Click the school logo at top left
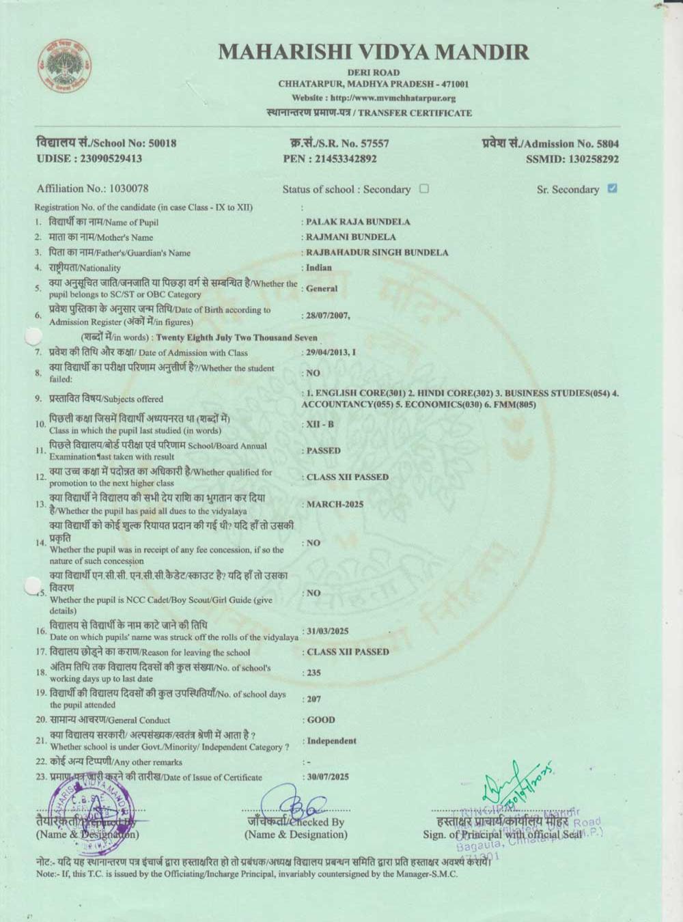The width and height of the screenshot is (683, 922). (x=65, y=66)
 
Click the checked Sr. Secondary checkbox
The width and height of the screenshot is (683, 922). (x=612, y=188)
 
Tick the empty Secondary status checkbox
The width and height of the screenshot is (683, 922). (x=424, y=188)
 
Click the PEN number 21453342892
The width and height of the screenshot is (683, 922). (x=345, y=158)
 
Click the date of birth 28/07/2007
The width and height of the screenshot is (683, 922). (x=326, y=316)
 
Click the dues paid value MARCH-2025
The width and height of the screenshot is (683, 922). (x=335, y=505)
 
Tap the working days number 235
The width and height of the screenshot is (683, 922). (x=313, y=673)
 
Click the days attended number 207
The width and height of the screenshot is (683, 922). (x=313, y=699)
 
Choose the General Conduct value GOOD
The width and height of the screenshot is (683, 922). (x=321, y=720)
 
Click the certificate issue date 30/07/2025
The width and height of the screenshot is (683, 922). (x=328, y=777)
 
